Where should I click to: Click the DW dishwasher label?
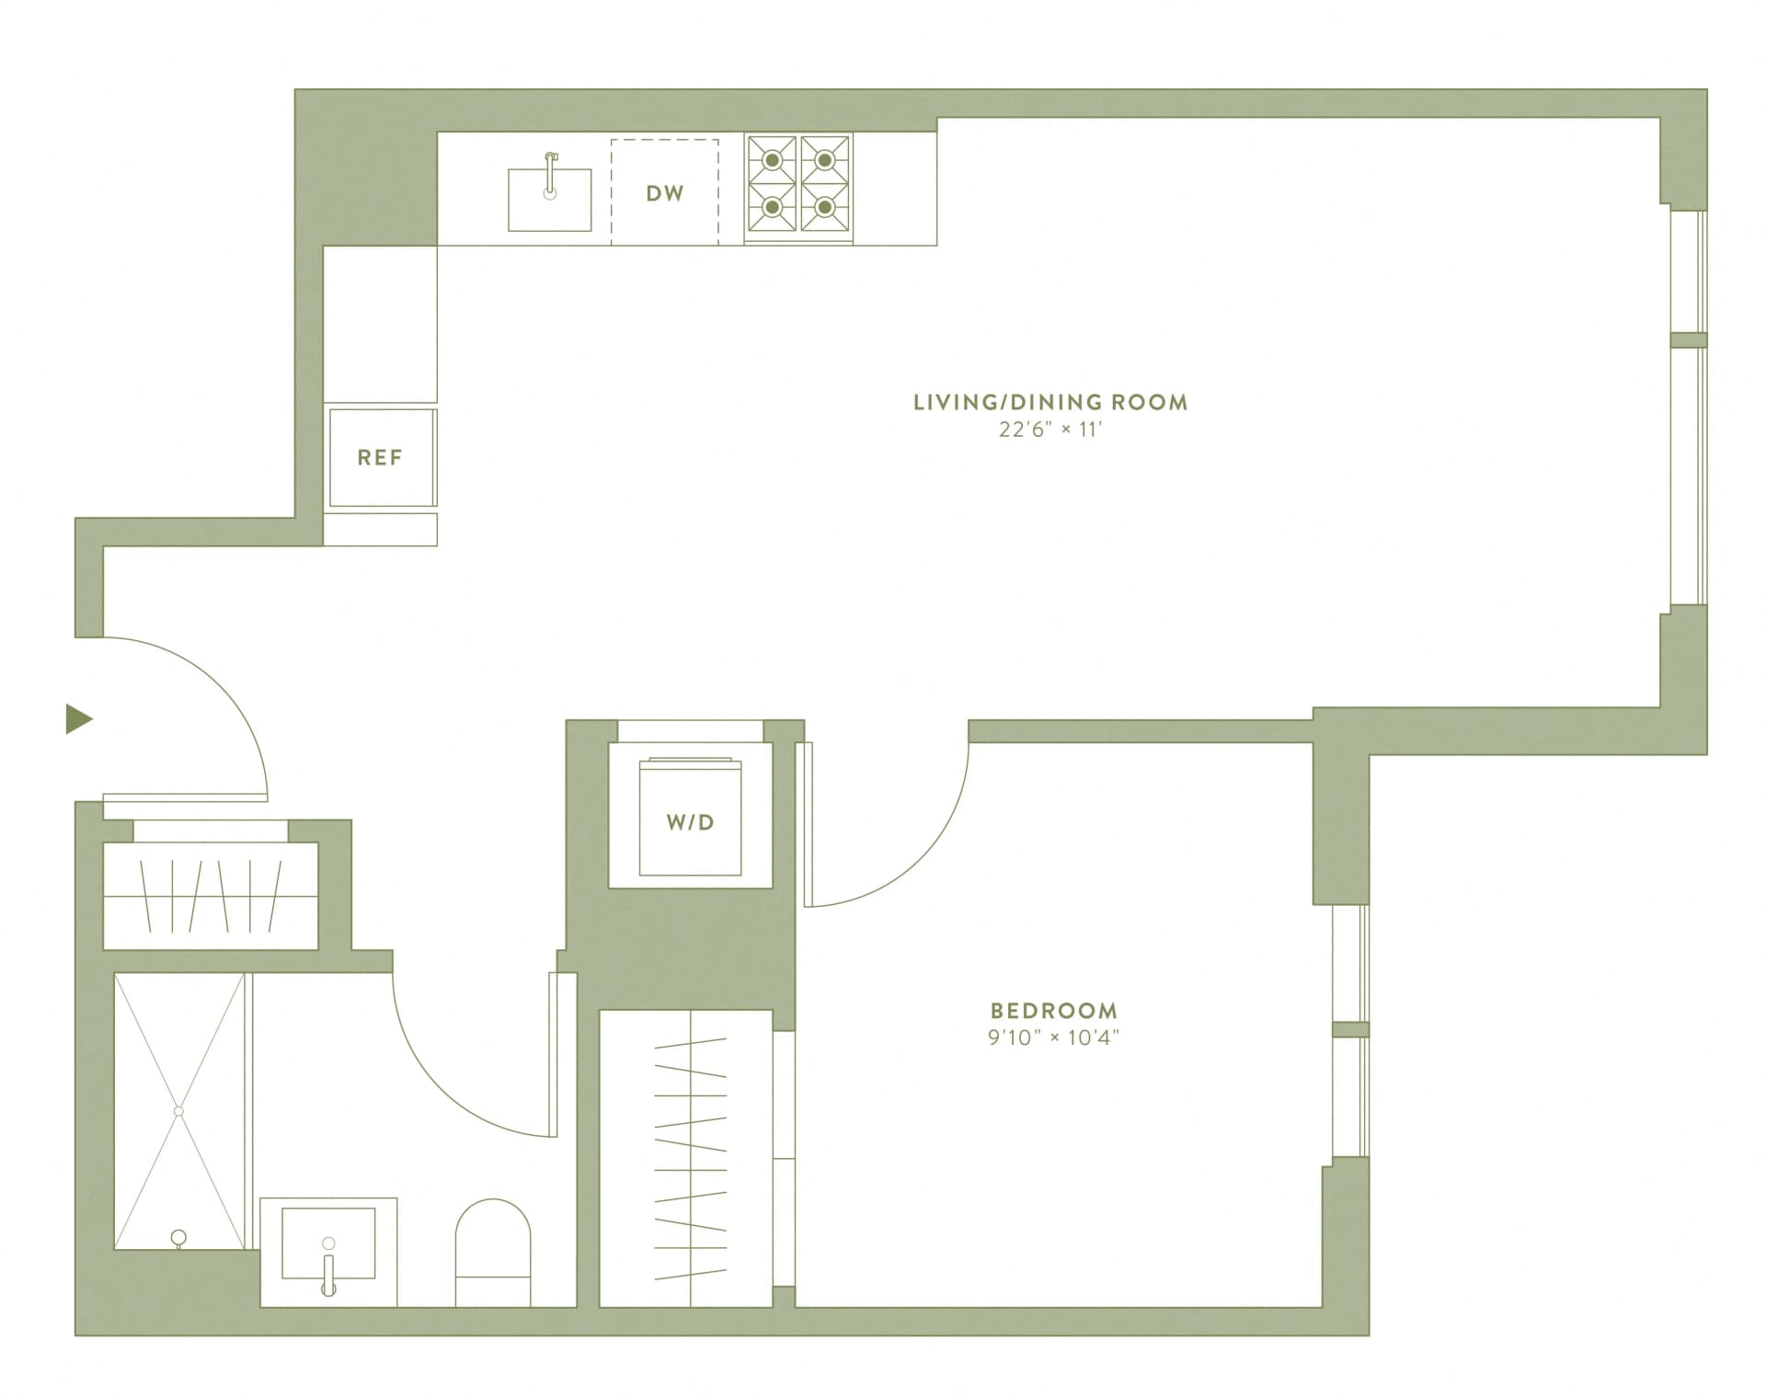pyautogui.click(x=665, y=193)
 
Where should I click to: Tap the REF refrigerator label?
pyautogui.click(x=380, y=457)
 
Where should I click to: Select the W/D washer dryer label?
pyautogui.click(x=690, y=822)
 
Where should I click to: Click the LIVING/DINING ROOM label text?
pyautogui.click(x=1050, y=402)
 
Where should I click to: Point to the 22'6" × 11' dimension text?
pyautogui.click(x=1050, y=430)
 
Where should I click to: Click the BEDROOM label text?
pyautogui.click(x=1054, y=1011)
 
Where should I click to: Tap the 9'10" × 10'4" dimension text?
pyautogui.click(x=1054, y=1038)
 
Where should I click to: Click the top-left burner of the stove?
pyautogui.click(x=773, y=160)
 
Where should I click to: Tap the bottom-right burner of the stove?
pyautogui.click(x=825, y=207)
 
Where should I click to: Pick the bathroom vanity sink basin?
pyautogui.click(x=328, y=1243)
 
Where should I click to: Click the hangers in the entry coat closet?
pyautogui.click(x=211, y=895)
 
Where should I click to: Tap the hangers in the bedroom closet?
pyautogui.click(x=690, y=1159)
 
